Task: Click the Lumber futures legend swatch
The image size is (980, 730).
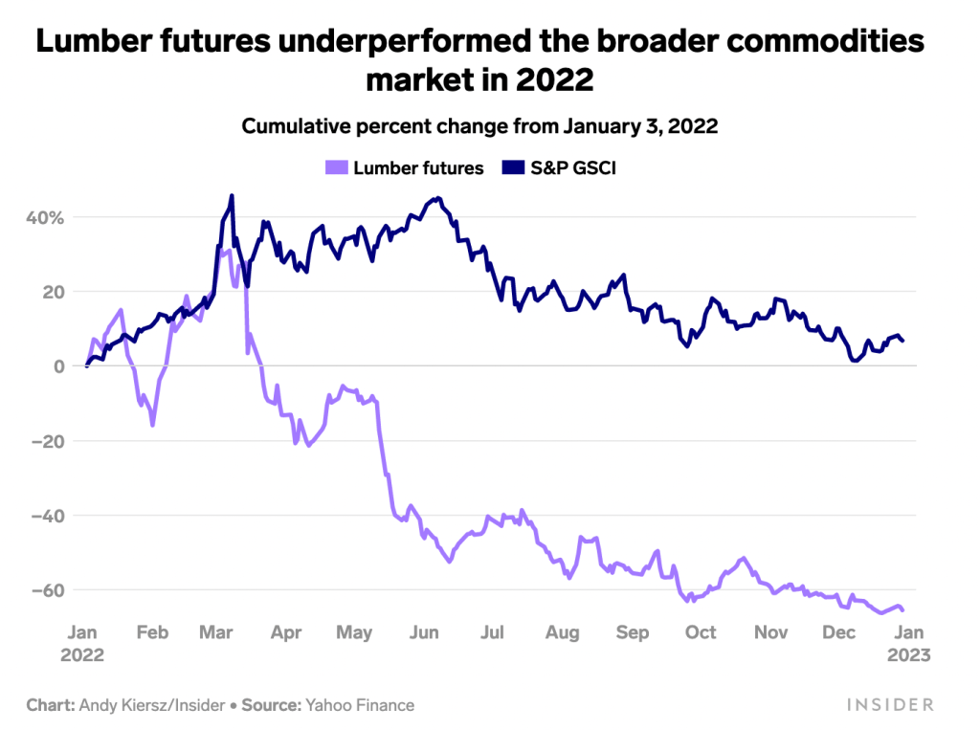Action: [x=337, y=167]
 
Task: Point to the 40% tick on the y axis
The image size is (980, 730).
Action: [x=44, y=217]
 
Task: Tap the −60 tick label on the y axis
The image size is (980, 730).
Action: [x=44, y=589]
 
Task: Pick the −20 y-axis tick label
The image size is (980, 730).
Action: [x=44, y=441]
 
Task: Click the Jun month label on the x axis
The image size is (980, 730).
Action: [x=424, y=632]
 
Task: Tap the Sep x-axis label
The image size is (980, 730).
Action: [x=633, y=632]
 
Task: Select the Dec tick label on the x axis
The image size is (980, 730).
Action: [x=839, y=632]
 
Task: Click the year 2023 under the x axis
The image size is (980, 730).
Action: [x=908, y=656]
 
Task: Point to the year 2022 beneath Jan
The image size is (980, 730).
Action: [x=83, y=656]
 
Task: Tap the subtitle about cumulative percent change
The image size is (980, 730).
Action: [x=479, y=126]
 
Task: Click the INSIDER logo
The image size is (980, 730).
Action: [x=890, y=705]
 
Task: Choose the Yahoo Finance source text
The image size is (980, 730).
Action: [x=360, y=705]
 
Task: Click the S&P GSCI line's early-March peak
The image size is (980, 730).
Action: [x=232, y=196]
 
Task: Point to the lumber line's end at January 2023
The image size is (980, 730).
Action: [x=903, y=609]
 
